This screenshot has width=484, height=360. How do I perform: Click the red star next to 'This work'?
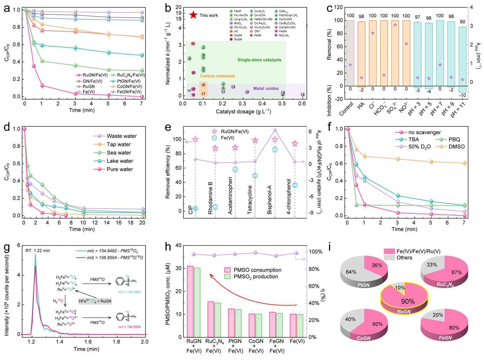pyautogui.click(x=193, y=15)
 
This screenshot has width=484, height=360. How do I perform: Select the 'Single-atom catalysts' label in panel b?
pyautogui.click(x=259, y=60)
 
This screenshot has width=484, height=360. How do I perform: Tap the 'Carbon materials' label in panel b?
pyautogui.click(x=217, y=76)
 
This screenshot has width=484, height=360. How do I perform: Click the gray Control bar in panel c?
pyautogui.click(x=350, y=53)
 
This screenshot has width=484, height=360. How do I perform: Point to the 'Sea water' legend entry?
pyautogui.click(x=119, y=153)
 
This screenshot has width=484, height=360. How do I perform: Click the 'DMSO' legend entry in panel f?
pyautogui.click(x=457, y=146)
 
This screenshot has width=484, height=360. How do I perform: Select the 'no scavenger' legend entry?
pyautogui.click(x=424, y=132)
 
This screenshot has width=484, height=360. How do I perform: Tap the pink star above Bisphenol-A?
pyautogui.click(x=275, y=139)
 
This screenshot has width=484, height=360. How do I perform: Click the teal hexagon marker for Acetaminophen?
pyautogui.click(x=235, y=169)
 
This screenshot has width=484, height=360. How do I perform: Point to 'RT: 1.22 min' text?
pyautogui.click(x=38, y=251)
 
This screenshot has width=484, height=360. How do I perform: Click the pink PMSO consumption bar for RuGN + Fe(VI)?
pyautogui.click(x=190, y=301)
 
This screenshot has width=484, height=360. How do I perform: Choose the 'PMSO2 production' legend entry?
pyautogui.click(x=256, y=276)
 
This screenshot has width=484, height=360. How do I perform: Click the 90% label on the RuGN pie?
pyautogui.click(x=408, y=301)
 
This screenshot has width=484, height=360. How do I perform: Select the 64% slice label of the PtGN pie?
pyautogui.click(x=351, y=272)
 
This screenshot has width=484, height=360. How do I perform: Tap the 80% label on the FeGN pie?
pyautogui.click(x=454, y=328)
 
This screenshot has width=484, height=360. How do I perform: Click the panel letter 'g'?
pyautogui.click(x=7, y=248)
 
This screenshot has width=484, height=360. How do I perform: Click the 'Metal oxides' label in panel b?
pyautogui.click(x=266, y=89)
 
